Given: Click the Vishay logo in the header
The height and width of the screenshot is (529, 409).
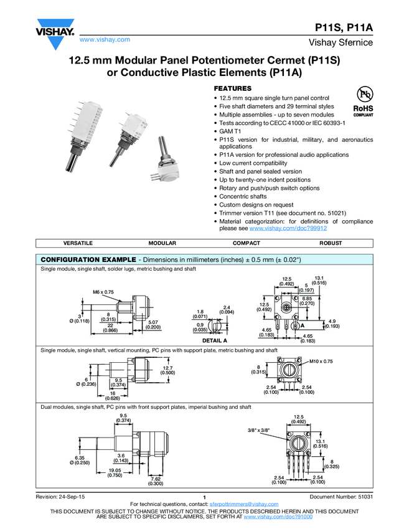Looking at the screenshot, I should click(55, 35).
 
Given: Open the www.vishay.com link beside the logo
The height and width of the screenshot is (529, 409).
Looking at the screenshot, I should click(105, 39).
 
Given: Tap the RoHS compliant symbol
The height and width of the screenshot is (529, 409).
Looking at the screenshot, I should click(364, 101).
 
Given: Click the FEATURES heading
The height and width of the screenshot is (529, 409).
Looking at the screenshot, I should click(233, 88).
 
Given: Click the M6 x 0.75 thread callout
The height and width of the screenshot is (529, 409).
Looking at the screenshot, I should click(103, 291).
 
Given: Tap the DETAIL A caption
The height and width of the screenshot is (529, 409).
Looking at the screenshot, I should click(215, 341).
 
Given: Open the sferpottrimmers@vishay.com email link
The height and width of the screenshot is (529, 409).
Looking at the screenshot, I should click(243, 503).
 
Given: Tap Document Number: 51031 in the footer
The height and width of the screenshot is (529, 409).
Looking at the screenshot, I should click(341, 497).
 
